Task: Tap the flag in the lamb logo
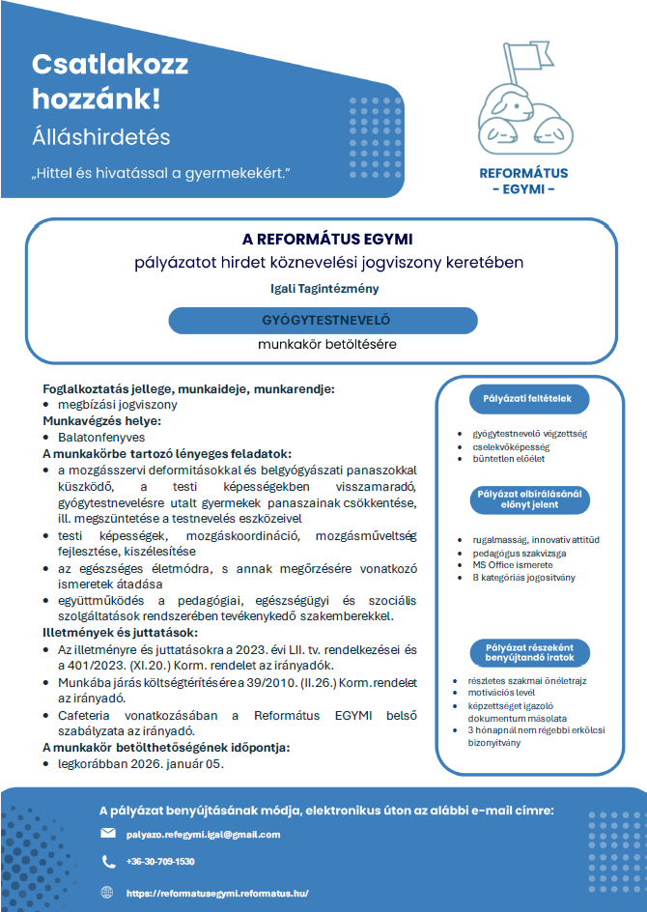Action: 527,58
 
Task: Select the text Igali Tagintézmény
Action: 324,288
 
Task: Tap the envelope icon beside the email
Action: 108,834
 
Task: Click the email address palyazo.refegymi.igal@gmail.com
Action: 203,834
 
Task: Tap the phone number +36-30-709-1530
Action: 160,861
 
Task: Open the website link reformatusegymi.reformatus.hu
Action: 217,894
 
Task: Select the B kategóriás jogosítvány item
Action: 522,577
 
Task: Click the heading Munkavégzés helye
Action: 101,421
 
